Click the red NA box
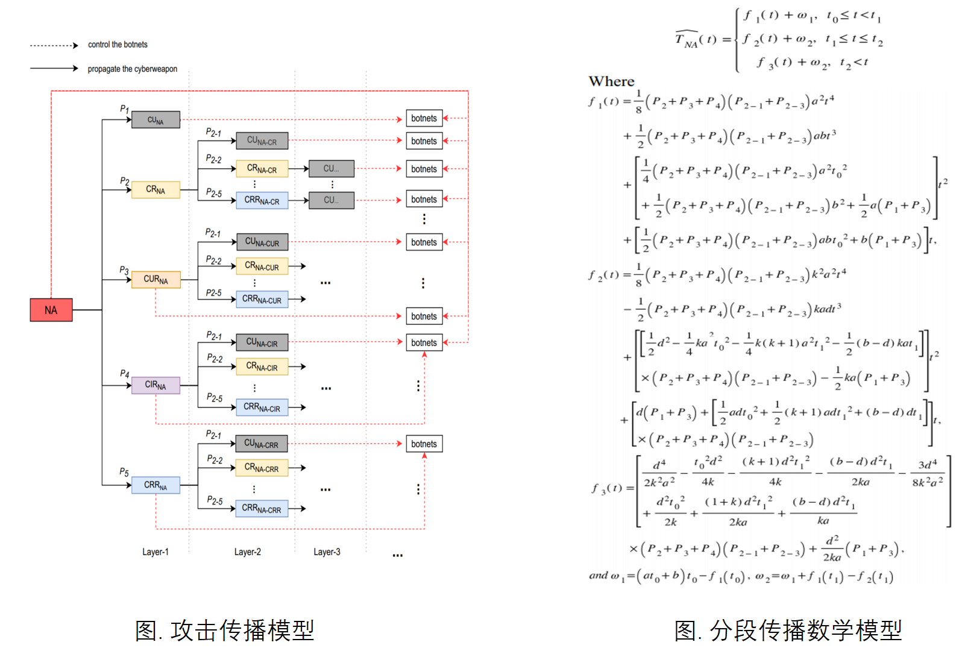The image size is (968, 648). [x=51, y=310]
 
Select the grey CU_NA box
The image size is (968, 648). [x=156, y=120]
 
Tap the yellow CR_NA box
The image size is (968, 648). [x=156, y=190]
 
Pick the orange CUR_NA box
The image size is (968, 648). [x=156, y=279]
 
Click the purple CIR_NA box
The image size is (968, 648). [x=156, y=385]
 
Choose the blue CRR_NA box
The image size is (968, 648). [x=156, y=485]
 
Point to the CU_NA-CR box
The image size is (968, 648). [x=262, y=141]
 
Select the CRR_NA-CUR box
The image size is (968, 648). [x=262, y=299]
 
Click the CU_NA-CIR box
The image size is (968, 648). [x=262, y=342]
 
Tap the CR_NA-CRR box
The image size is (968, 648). [x=262, y=468]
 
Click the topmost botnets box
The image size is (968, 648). [x=424, y=118]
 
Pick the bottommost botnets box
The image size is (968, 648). [x=424, y=444]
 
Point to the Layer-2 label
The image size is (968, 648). [x=247, y=552]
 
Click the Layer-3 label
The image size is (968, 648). [x=327, y=552]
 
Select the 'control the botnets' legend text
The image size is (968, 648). [x=118, y=45]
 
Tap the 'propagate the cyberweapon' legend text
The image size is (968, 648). [x=133, y=69]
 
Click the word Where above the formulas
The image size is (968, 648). [x=611, y=81]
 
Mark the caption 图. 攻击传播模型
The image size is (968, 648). [x=225, y=631]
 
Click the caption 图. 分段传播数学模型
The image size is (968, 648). [x=788, y=631]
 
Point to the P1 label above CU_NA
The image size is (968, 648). [x=124, y=109]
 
